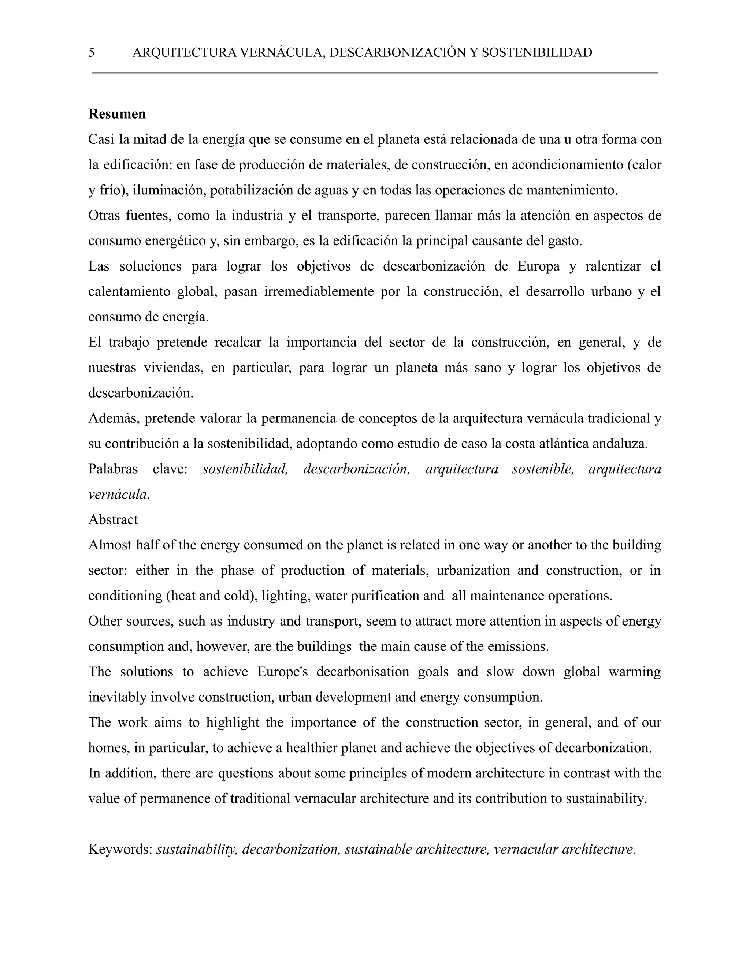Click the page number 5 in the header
tap(92, 52)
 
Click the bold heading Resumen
tap(117, 114)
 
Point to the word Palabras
tap(113, 469)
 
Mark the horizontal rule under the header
tap(375, 72)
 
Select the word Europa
tap(538, 266)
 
